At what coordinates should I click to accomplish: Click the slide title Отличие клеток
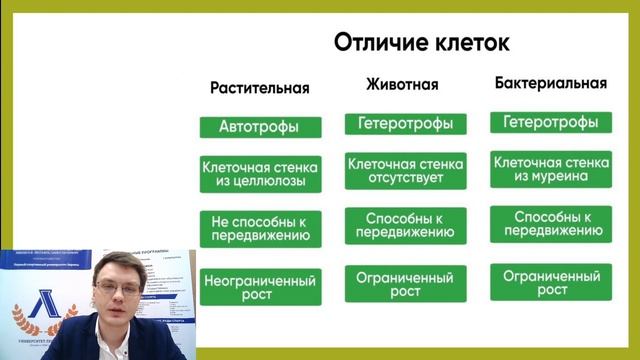coord(421,43)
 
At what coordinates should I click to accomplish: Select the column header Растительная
coord(260,88)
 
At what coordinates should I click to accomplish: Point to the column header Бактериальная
coord(551,84)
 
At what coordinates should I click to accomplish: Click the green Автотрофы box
coord(260,127)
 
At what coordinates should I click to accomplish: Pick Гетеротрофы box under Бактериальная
coord(551,122)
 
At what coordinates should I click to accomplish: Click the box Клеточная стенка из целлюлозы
coord(260,173)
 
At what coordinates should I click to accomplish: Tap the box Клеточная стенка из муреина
coord(551,169)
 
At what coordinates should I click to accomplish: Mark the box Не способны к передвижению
coord(260,228)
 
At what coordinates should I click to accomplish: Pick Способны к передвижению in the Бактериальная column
coord(551,225)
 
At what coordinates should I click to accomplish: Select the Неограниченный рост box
coord(260,287)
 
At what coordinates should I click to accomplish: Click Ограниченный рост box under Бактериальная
coord(551,283)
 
